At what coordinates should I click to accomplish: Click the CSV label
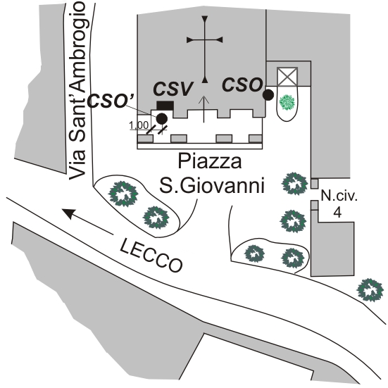[x=173, y=89]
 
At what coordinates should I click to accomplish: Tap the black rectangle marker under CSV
[x=165, y=105]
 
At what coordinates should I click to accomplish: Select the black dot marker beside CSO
[x=268, y=95]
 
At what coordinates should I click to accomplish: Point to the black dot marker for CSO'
[x=161, y=118]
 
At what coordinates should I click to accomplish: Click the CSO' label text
[x=111, y=101]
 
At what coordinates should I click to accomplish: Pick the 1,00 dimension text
[x=139, y=125]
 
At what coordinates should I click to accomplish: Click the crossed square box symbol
[x=287, y=77]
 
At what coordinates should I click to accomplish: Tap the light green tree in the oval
[x=287, y=102]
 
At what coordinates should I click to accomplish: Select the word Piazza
[x=210, y=161]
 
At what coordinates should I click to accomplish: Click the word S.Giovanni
[x=212, y=185]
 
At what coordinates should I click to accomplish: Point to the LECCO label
[x=151, y=255]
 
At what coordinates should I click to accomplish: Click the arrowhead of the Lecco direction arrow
[x=68, y=213]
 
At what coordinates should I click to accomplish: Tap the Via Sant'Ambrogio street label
[x=77, y=91]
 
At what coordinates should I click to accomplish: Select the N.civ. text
[x=339, y=196]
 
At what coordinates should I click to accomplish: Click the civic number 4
[x=338, y=212]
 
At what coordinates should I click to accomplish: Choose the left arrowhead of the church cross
[x=189, y=40]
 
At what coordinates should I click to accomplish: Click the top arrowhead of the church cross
[x=205, y=19]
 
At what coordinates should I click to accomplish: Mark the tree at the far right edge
[x=370, y=289]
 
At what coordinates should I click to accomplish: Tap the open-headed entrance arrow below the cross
[x=204, y=109]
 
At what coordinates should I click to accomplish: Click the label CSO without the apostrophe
[x=242, y=85]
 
